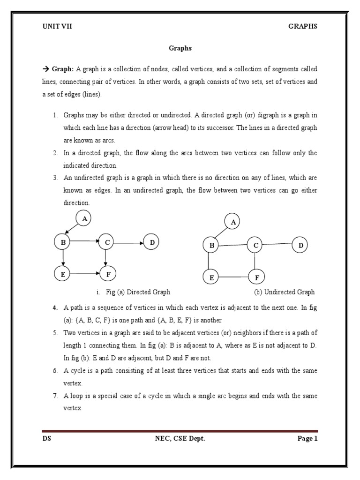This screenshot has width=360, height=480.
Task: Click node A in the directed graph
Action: [x=84, y=218]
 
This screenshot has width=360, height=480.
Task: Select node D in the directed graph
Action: [x=152, y=242]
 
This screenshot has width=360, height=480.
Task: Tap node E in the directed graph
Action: [x=62, y=274]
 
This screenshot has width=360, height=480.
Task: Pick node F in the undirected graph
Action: [x=257, y=277]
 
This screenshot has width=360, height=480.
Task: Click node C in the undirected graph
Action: [x=255, y=245]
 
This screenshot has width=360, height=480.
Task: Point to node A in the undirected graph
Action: [x=232, y=222]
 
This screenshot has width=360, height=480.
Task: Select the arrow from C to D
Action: [x=128, y=243]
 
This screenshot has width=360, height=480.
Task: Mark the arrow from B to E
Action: [x=62, y=258]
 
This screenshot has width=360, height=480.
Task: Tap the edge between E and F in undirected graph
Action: [x=234, y=277]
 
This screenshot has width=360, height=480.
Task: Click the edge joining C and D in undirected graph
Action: [x=278, y=244]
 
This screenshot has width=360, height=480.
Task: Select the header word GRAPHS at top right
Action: [x=302, y=26]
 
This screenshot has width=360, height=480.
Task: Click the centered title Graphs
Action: [x=180, y=48]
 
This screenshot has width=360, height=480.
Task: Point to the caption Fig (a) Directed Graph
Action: [x=138, y=292]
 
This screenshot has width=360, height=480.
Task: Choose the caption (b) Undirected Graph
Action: [x=284, y=292]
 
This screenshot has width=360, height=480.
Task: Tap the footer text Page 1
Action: [x=307, y=439]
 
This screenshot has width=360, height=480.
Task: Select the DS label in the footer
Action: [x=46, y=439]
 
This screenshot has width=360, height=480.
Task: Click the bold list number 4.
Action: [x=55, y=307]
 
